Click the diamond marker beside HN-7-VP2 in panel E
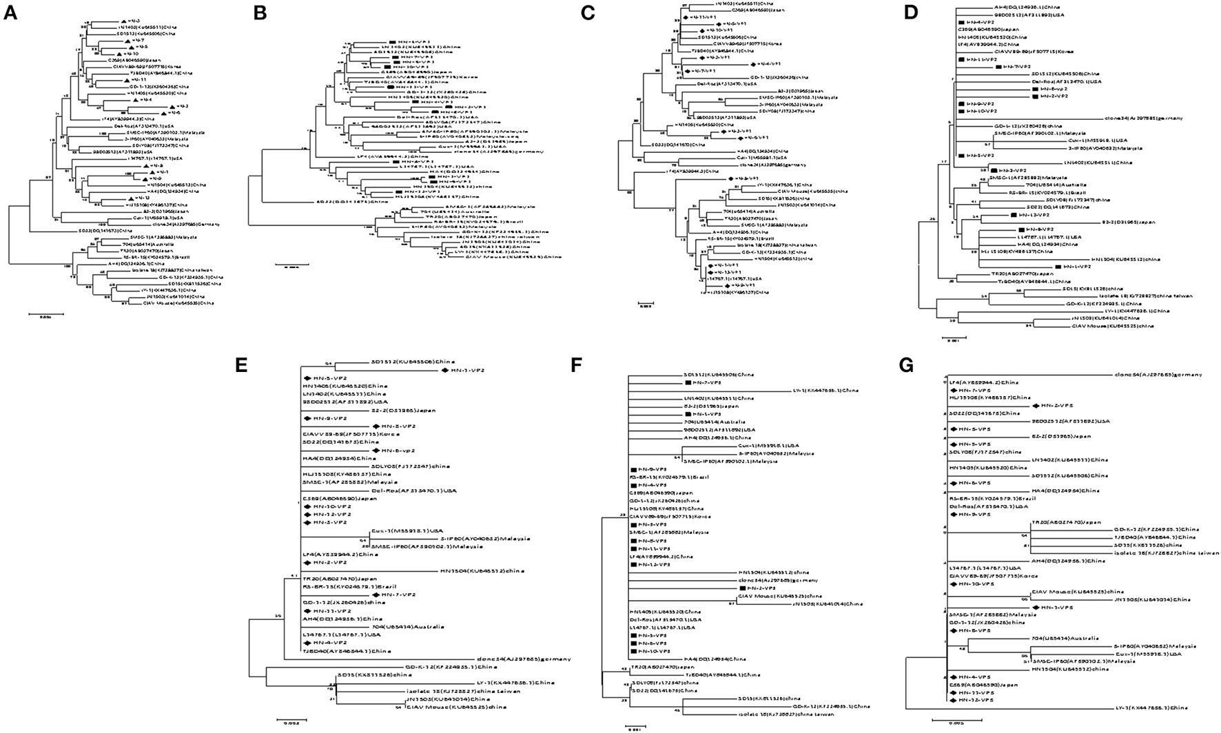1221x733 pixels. (x=376, y=595)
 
